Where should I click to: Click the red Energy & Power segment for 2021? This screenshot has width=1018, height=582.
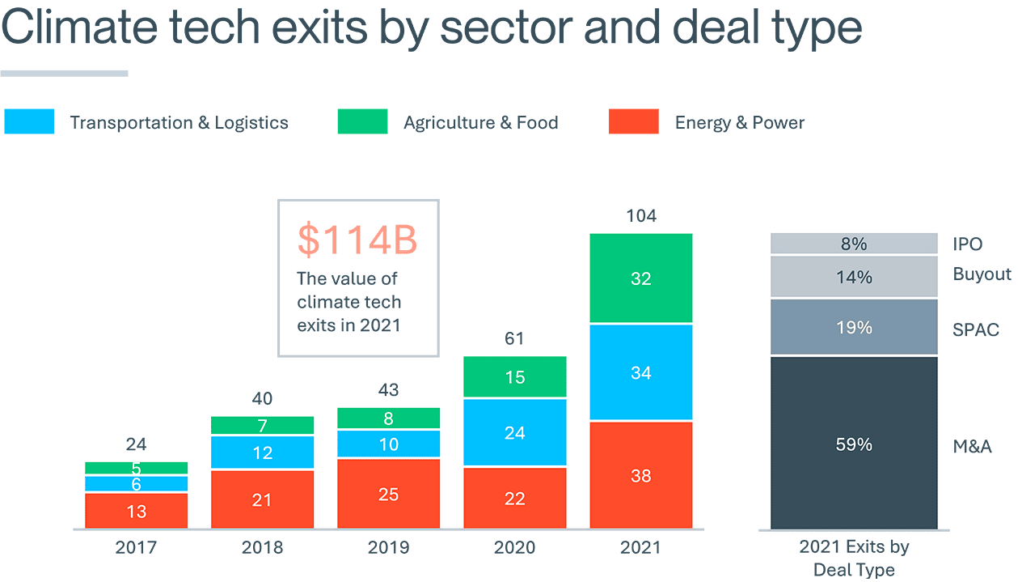(x=640, y=475)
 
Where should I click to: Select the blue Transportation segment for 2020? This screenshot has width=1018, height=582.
(x=514, y=432)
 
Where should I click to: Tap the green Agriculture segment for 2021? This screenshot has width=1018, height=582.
(x=640, y=278)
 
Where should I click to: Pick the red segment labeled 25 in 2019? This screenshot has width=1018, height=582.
(x=388, y=494)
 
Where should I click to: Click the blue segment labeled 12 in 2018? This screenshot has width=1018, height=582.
(x=262, y=452)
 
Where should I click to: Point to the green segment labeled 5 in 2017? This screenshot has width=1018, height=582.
(x=136, y=468)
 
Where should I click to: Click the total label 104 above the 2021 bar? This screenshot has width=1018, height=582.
(x=640, y=216)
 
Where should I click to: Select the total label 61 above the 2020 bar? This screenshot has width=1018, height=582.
(x=514, y=338)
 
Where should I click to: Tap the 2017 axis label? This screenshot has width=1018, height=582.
(x=136, y=548)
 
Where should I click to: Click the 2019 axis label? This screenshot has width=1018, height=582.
(x=388, y=548)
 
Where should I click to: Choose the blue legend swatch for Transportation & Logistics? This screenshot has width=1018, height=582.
(x=29, y=121)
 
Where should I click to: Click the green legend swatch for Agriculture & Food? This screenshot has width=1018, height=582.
(x=362, y=121)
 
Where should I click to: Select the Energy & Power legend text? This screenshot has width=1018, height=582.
(x=740, y=123)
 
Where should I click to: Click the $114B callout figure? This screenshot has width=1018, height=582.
(x=357, y=239)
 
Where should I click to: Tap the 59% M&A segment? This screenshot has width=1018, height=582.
(x=854, y=444)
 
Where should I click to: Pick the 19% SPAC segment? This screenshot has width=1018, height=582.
(x=854, y=328)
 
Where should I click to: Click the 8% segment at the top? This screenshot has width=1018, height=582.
(x=854, y=244)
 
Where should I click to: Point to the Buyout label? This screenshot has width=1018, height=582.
(x=982, y=274)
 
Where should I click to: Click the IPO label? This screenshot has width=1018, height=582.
(x=968, y=244)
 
